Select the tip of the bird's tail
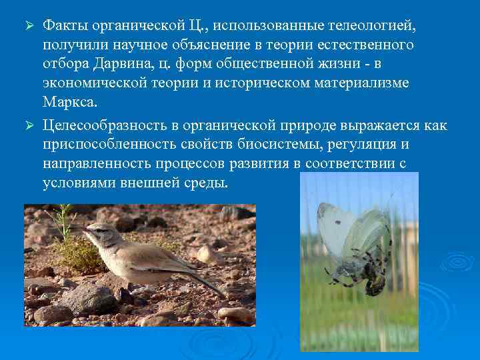click(224, 294)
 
